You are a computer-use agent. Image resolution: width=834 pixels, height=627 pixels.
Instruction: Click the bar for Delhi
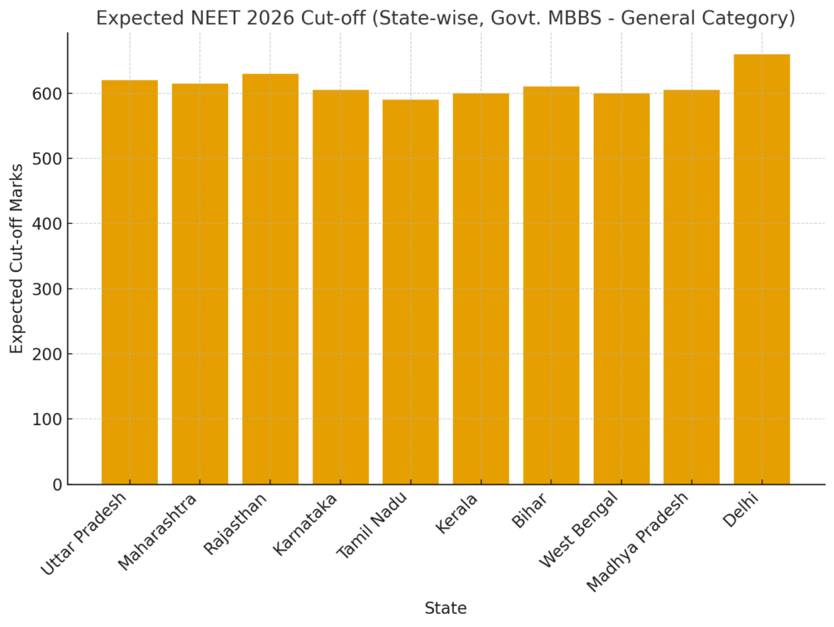(762, 269)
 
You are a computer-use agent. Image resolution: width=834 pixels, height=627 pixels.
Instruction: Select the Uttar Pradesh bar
(129, 282)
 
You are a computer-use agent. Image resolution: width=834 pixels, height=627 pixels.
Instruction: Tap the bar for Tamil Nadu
(410, 292)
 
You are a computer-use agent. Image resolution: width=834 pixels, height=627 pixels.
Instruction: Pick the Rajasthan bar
(270, 278)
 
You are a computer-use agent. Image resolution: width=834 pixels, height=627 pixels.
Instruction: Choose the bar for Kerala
(481, 288)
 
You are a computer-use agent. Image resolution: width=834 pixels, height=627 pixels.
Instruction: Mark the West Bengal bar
(621, 288)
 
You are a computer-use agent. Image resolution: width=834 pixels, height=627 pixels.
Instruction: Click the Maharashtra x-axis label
(158, 531)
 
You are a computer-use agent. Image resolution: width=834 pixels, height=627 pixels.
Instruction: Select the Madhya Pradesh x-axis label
(638, 541)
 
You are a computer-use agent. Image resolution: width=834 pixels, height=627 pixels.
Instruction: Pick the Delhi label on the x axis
(740, 510)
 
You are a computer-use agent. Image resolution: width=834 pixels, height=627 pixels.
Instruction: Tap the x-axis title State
(446, 608)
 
